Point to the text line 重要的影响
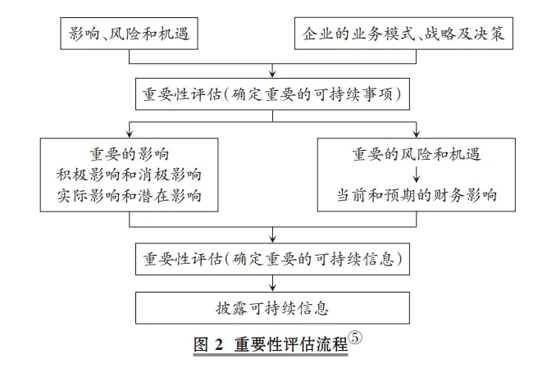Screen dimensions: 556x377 click(x=129, y=154)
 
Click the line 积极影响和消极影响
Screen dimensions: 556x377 click(x=129, y=175)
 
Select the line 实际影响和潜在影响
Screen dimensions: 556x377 click(x=129, y=196)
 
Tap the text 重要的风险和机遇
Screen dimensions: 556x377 click(x=417, y=154)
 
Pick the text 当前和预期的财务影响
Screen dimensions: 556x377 click(x=417, y=195)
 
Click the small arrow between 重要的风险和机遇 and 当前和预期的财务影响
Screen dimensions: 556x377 click(x=417, y=175)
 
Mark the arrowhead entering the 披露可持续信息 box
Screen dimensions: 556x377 click(x=272, y=288)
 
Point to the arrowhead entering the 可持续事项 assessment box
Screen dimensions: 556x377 click(x=272, y=74)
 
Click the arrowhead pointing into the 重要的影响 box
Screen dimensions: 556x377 click(x=130, y=134)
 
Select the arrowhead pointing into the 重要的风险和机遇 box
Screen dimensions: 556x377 click(x=417, y=134)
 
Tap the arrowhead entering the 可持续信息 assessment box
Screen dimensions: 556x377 click(x=272, y=239)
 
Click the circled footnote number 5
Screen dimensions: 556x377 click(x=355, y=337)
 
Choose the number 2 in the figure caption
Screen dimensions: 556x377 click(x=219, y=344)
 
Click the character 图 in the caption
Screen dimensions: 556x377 click(x=201, y=344)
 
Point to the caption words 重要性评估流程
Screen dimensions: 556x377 click(x=291, y=344)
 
